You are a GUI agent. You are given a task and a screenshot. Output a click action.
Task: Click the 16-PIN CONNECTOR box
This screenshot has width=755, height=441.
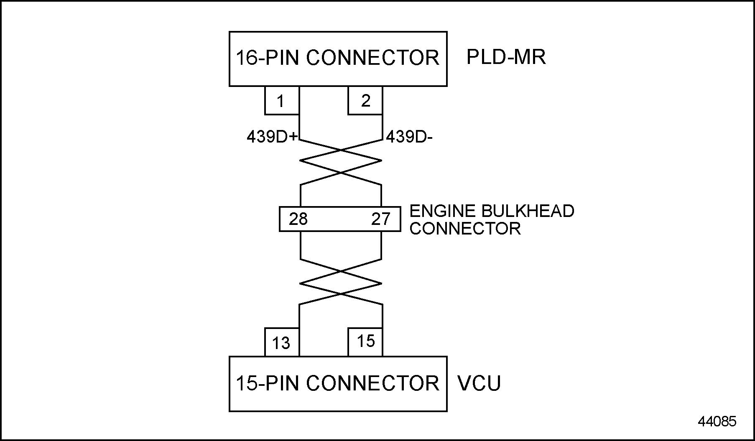coord(338,59)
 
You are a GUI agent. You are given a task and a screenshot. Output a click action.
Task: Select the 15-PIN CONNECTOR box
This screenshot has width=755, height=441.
coord(338,384)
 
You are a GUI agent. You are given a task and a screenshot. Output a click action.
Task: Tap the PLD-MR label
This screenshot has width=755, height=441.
coord(506,57)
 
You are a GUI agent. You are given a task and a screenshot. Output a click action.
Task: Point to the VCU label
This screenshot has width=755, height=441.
coord(479,383)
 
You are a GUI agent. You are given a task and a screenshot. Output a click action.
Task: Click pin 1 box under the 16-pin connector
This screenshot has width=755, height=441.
coord(281,101)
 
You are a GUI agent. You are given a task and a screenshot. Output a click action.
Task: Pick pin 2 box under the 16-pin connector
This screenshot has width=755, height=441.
coord(365,101)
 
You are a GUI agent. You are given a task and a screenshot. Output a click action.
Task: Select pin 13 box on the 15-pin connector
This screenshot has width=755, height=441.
coord(281,343)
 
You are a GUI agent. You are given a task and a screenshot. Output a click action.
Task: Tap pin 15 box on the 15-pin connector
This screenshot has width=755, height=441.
coord(365,342)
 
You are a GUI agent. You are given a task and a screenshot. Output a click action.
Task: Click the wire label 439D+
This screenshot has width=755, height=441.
coord(272,137)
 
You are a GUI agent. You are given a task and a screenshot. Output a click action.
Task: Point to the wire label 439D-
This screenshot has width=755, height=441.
coord(409,137)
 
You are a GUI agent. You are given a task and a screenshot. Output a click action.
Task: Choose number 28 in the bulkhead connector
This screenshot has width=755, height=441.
coord(298,219)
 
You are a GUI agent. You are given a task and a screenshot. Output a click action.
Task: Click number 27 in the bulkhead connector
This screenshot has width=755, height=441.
coord(380,219)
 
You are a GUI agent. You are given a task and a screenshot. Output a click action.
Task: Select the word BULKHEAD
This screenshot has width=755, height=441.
coord(528,211)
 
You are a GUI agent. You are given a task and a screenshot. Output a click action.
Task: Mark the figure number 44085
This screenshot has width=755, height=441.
coord(717,421)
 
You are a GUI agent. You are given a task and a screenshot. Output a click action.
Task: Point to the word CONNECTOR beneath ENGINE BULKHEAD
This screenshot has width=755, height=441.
coord(465,229)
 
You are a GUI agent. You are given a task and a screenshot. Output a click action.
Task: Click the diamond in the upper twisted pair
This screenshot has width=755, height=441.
coord(341,161)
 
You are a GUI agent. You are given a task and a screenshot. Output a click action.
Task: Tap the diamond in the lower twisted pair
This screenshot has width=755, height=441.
coord(341,283)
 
